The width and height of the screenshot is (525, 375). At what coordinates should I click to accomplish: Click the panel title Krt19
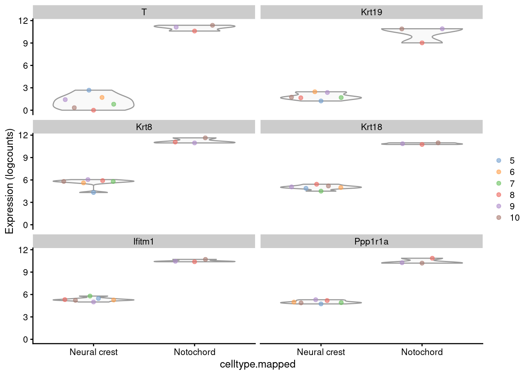371,12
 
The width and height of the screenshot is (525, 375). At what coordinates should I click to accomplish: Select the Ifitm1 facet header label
144,241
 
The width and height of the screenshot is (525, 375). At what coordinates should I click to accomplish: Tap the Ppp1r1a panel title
371,241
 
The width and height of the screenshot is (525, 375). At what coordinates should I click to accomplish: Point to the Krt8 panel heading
144,127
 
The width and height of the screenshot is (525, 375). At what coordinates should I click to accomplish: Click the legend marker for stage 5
498,161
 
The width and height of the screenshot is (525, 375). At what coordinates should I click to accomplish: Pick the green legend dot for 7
498,184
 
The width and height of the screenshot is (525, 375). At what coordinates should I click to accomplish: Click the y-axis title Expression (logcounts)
9,182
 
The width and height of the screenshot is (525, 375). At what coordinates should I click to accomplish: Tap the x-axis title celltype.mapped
257,364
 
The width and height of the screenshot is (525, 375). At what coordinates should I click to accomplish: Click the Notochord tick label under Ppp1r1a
422,352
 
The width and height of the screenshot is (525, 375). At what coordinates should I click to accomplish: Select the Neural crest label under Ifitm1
93,352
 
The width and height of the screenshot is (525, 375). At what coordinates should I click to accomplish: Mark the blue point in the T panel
89,90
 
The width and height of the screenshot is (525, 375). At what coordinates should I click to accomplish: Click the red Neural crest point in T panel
93,110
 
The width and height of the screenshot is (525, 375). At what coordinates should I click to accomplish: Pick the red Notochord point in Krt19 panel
422,43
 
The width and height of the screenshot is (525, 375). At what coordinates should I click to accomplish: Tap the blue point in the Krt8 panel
93,193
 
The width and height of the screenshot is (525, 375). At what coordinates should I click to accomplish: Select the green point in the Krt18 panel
321,191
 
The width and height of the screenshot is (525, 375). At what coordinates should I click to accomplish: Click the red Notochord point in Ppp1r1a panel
432,258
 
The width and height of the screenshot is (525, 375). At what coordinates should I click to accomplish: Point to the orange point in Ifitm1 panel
113,300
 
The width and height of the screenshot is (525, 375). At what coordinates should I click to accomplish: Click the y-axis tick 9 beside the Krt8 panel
25,158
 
